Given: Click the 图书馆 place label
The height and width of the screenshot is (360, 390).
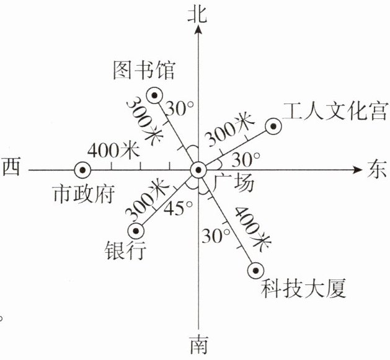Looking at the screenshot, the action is pyautogui.click(x=144, y=70).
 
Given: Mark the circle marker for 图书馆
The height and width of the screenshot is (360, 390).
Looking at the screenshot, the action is pyautogui.click(x=154, y=95).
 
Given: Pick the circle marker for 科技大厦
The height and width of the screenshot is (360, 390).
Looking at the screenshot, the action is pyautogui.click(x=254, y=270).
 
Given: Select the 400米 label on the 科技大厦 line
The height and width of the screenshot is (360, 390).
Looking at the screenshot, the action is pyautogui.click(x=250, y=227).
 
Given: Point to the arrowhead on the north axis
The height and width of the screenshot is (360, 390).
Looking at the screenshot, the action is pyautogui.click(x=198, y=32).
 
